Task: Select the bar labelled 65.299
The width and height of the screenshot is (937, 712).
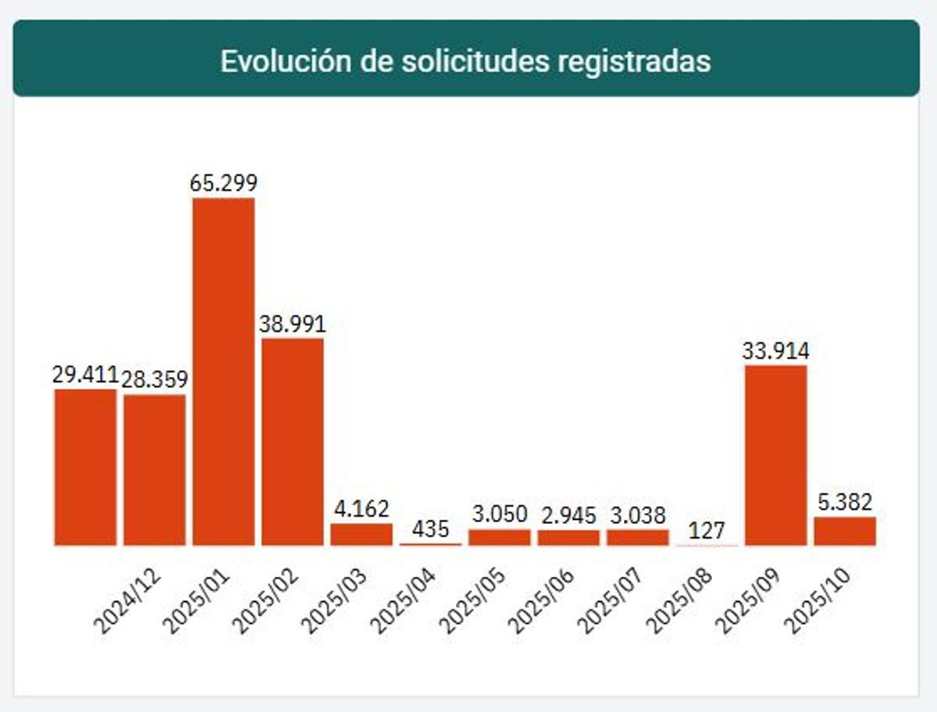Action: [x=223, y=372]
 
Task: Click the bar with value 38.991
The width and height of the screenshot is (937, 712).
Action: [x=292, y=441]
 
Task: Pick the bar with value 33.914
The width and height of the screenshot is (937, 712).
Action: [x=775, y=455]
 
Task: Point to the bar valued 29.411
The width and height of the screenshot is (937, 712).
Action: [x=85, y=467]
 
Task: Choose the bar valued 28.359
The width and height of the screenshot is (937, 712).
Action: [x=155, y=470]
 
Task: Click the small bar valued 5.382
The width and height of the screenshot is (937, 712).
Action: [x=845, y=531]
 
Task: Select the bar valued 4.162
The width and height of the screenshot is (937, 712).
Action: [x=361, y=535]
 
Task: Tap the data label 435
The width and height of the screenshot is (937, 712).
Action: [x=430, y=529]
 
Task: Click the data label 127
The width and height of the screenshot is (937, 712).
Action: [x=707, y=530]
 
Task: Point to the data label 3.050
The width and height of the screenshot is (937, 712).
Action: [x=500, y=514]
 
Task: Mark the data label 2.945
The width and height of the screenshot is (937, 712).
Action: [x=568, y=515]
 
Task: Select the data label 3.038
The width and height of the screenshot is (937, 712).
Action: [x=638, y=515]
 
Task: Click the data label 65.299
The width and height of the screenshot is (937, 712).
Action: [x=223, y=183]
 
